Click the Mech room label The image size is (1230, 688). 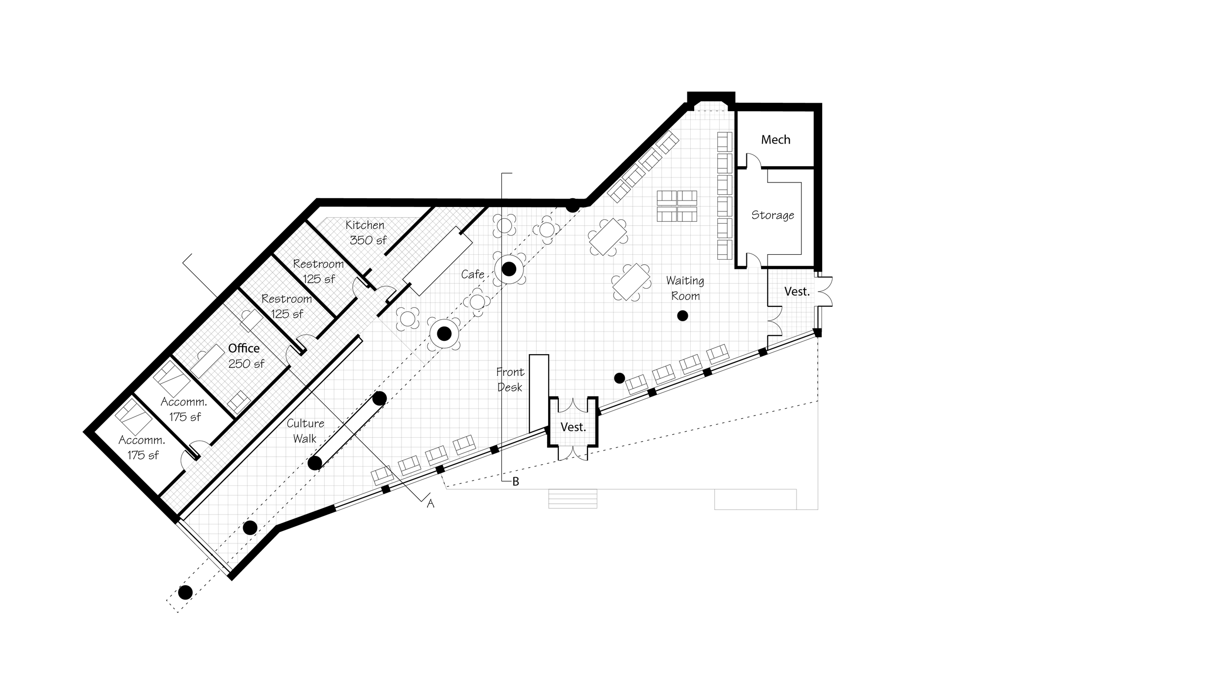coord(775,140)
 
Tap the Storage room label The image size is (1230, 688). coord(772,215)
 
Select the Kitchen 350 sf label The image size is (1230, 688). coord(366,232)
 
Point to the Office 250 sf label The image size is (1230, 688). coord(245,356)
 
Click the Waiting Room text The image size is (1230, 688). coord(685,288)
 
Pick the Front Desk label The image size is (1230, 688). coord(510,379)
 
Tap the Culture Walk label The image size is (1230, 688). coord(305,431)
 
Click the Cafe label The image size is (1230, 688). coord(472,274)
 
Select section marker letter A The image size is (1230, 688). coord(430,504)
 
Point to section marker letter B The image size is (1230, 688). coord(516,482)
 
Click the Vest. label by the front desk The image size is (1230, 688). coord(573,427)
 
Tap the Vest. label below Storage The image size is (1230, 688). coord(797,292)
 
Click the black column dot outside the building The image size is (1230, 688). coord(185,593)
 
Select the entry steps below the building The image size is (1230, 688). coord(573,499)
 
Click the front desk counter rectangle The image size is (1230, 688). coord(538,392)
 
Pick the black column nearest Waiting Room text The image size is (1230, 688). coord(682,316)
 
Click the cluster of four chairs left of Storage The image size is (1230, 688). coord(677,206)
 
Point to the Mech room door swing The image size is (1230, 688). coord(753,160)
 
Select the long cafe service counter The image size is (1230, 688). coord(437,261)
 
